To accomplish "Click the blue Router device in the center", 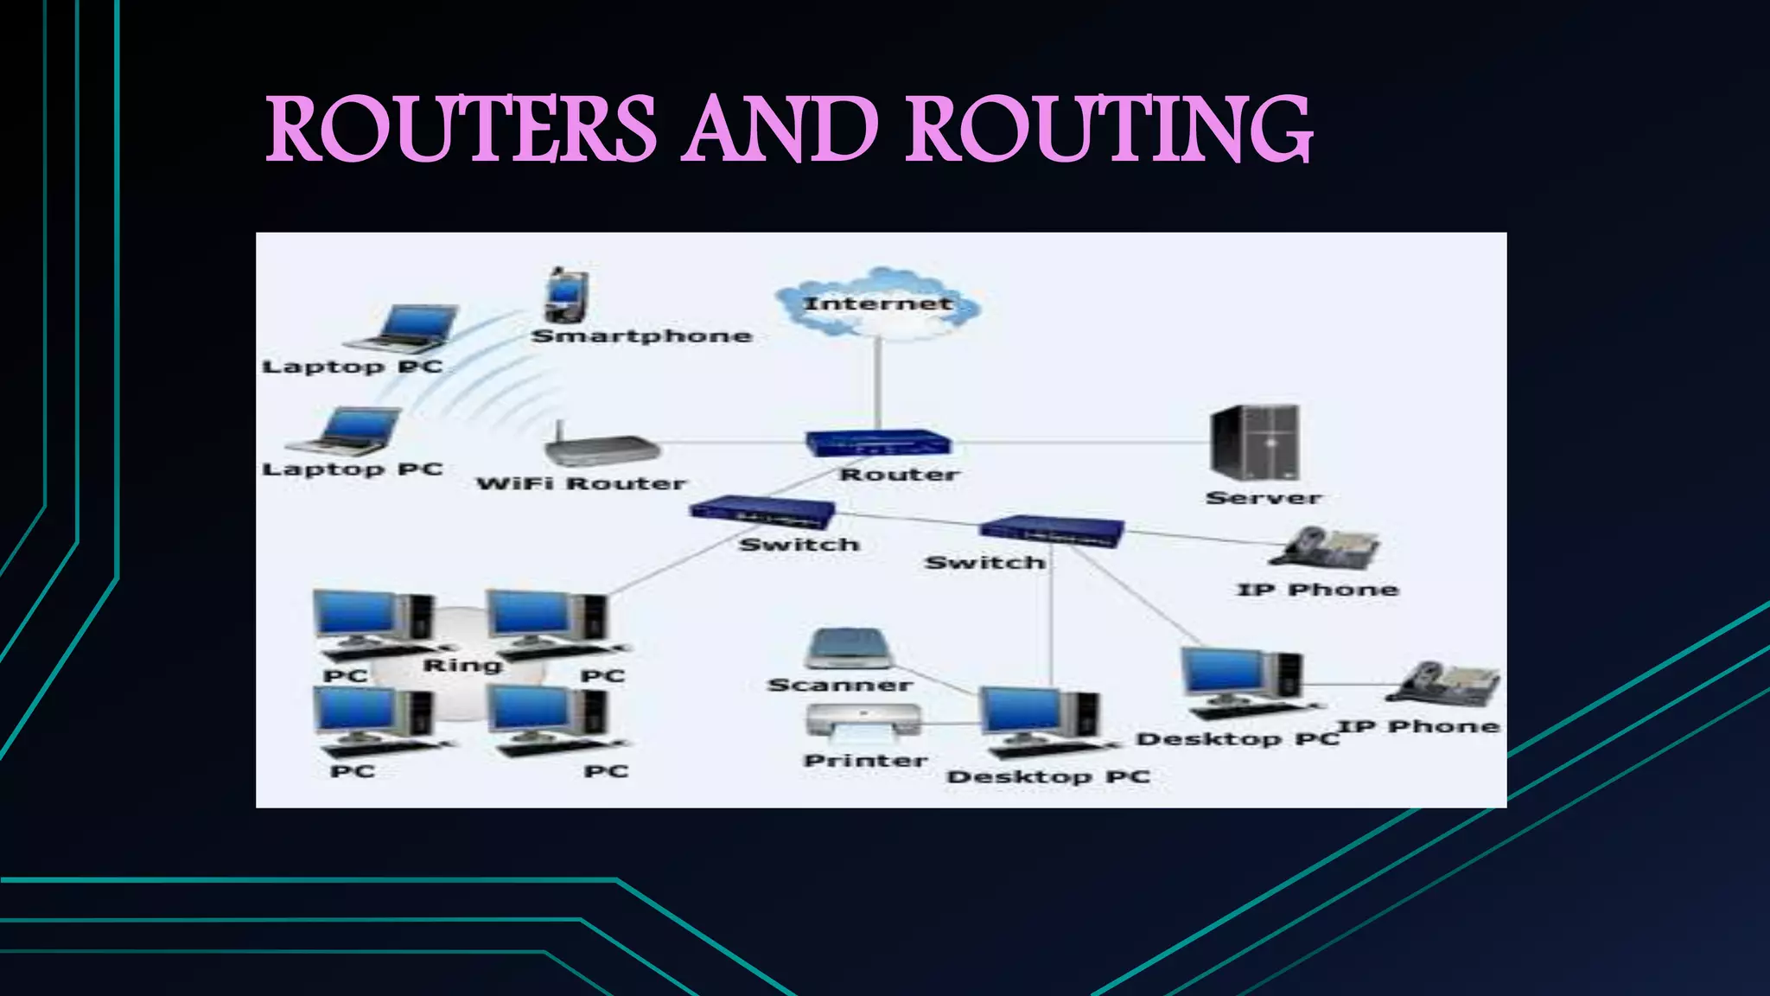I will [x=877, y=444].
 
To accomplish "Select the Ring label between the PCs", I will [x=462, y=665].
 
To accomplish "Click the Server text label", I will [x=1264, y=498].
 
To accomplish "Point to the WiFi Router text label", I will [x=581, y=483].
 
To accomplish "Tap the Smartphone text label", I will [x=641, y=336].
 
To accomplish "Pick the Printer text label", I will [x=865, y=761].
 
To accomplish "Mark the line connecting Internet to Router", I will [x=877, y=385].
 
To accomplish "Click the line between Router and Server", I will [x=1080, y=443].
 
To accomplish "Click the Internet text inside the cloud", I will [x=877, y=303].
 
